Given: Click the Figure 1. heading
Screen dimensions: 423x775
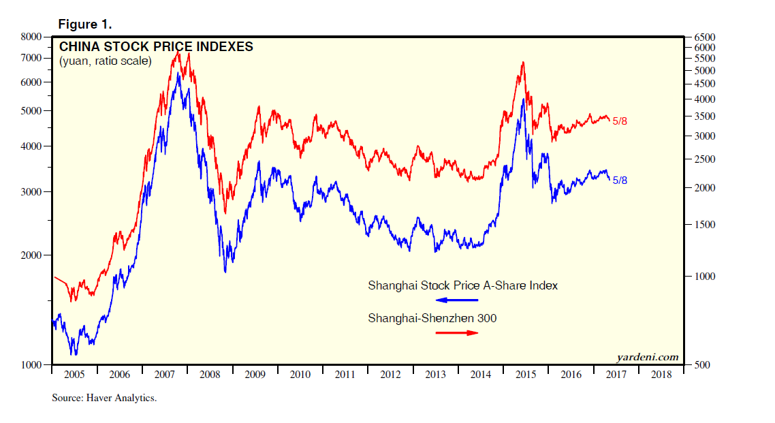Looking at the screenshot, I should click(85, 25).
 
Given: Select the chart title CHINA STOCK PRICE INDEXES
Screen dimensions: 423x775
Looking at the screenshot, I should click(156, 47).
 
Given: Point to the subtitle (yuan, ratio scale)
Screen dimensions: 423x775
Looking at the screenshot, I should click(105, 61).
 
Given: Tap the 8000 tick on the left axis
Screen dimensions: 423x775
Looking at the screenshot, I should click(31, 37).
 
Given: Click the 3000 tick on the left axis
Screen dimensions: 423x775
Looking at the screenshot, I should click(31, 192).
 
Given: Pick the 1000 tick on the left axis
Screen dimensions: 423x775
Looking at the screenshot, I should click(31, 365).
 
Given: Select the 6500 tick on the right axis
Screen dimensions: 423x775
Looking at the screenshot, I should click(704, 37).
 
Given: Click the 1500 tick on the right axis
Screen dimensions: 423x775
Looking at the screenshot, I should click(704, 225).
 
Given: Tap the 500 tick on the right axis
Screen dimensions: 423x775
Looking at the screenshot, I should click(702, 365).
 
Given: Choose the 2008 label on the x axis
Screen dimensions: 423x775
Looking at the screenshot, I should click(210, 375).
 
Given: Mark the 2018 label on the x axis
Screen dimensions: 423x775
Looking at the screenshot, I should click(661, 375).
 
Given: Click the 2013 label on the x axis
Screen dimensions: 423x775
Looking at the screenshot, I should click(435, 375).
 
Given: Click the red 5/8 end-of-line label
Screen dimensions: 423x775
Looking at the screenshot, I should click(620, 121).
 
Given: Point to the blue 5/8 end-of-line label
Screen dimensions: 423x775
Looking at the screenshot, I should click(620, 180).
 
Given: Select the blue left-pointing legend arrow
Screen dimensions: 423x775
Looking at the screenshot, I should click(457, 300).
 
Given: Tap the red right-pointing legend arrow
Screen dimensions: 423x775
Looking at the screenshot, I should click(457, 332).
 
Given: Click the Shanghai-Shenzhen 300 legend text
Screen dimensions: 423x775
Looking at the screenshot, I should click(432, 317).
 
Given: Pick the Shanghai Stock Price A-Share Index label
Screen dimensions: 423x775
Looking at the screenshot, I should click(462, 285).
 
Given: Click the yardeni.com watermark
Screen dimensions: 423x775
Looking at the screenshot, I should click(647, 357).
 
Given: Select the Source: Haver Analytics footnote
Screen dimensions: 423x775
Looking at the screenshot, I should click(104, 398).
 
